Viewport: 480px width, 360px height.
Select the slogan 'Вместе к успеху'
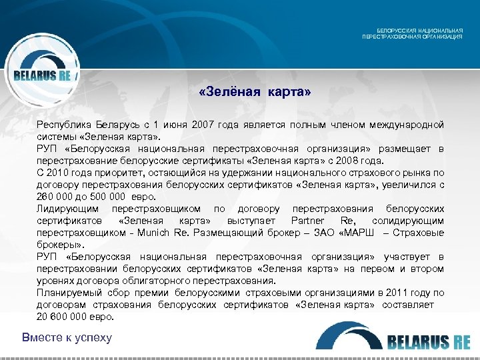pyautogui.click(x=67, y=337)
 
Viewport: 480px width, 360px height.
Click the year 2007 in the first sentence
pyautogui.click(x=203, y=125)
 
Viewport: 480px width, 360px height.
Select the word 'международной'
pyautogui.click(x=409, y=125)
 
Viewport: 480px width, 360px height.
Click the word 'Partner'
pyautogui.click(x=309, y=221)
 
